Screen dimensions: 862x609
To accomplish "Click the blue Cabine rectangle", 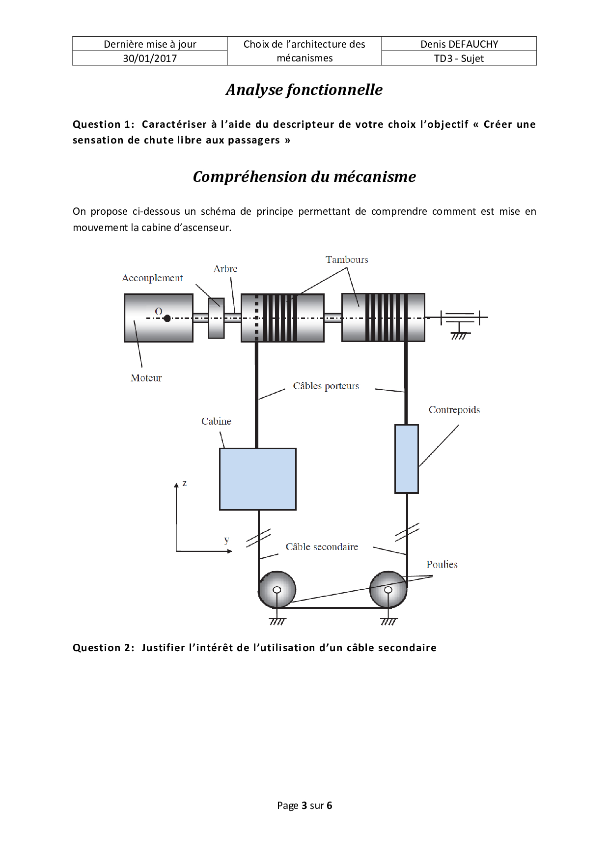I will pyautogui.click(x=257, y=479).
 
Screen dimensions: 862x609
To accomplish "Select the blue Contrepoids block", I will pyautogui.click(x=407, y=459).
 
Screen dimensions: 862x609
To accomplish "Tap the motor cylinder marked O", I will pyautogui.click(x=158, y=318).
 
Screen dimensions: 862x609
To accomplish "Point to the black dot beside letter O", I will pyautogui.click(x=167, y=318).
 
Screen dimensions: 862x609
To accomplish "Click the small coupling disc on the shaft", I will pyautogui.click(x=216, y=318).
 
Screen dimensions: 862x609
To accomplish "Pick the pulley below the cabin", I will pyautogui.click(x=277, y=590).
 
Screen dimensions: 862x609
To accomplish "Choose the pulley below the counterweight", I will pyautogui.click(x=388, y=590).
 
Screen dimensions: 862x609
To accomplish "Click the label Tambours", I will pyautogui.click(x=347, y=259).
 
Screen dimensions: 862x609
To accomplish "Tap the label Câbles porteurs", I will pyautogui.click(x=326, y=386).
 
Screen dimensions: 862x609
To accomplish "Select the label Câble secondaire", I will pyautogui.click(x=322, y=547).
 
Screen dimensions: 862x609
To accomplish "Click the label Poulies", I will pyautogui.click(x=442, y=564).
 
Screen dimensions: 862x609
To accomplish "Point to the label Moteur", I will pyautogui.click(x=146, y=378).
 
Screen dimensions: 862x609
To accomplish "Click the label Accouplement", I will pyautogui.click(x=152, y=278).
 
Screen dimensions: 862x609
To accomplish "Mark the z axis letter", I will pyautogui.click(x=184, y=483).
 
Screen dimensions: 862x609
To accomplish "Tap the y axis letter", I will pyautogui.click(x=226, y=540).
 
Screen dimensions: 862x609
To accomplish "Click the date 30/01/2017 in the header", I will pyautogui.click(x=150, y=58).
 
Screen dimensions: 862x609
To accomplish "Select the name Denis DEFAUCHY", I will pyautogui.click(x=459, y=44).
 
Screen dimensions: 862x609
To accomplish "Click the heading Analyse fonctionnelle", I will pyautogui.click(x=304, y=90).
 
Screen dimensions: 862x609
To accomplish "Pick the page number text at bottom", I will pyautogui.click(x=304, y=805).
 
